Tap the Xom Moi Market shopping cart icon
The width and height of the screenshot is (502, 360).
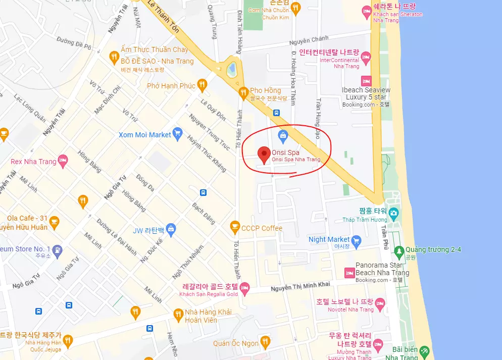point(177,134)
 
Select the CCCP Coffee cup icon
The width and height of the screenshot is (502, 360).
point(234,228)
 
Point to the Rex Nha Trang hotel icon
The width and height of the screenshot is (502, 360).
point(63,162)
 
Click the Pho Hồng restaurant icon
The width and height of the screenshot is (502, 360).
point(243,91)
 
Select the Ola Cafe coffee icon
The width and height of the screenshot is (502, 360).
point(54,222)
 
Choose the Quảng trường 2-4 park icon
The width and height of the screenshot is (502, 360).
point(399,250)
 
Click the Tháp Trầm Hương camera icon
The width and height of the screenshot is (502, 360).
point(393,212)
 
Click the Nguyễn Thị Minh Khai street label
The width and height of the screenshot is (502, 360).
point(301,286)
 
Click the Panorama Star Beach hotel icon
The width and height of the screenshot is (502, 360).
point(349,272)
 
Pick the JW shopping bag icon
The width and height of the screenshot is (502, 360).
point(171,230)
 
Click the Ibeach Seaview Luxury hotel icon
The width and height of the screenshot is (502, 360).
point(366,81)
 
